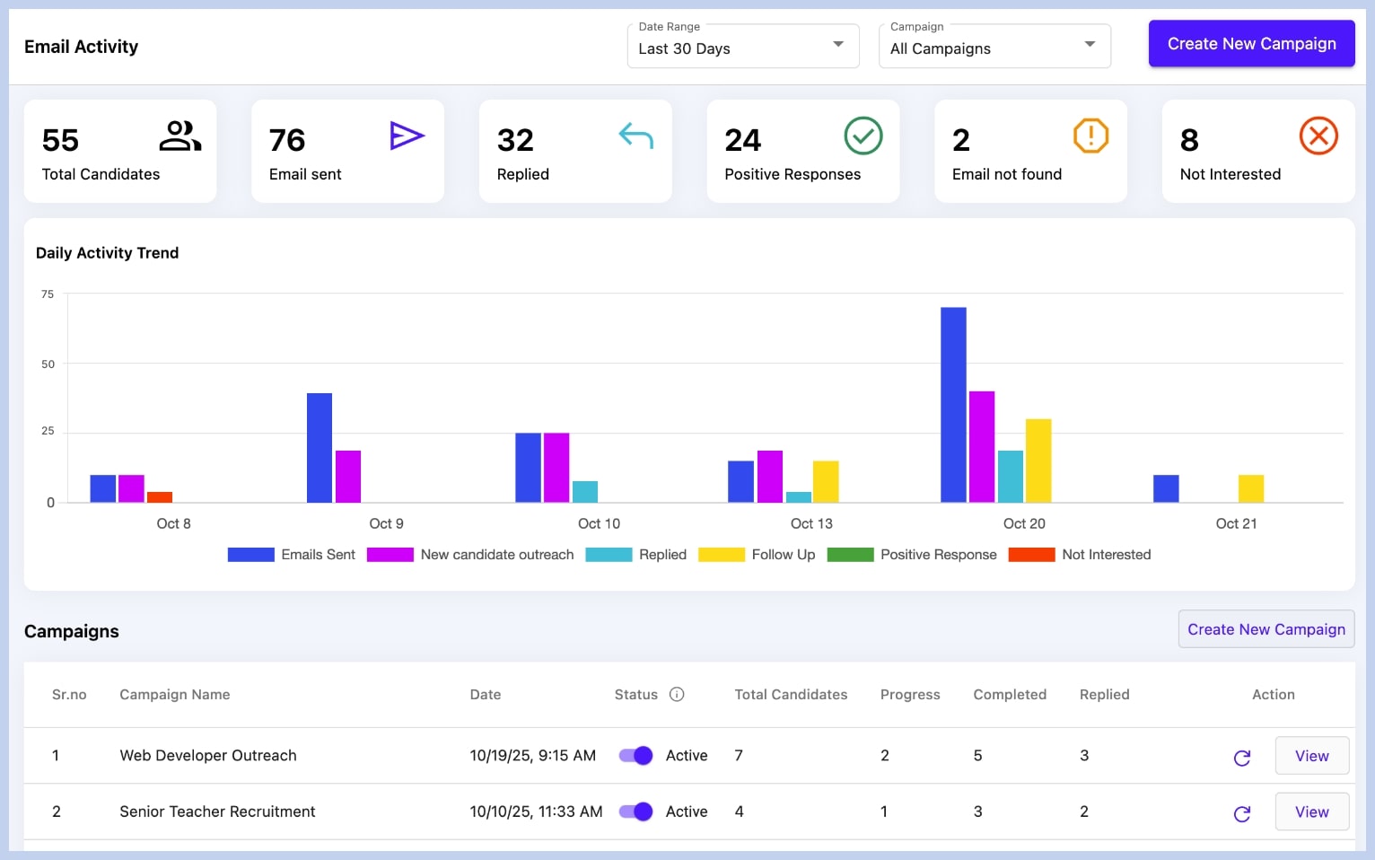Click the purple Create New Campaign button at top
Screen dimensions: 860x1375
click(x=1251, y=44)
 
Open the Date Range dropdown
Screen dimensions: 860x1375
click(x=742, y=47)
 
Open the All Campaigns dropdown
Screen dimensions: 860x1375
click(x=994, y=47)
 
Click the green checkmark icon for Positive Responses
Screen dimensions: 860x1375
click(x=863, y=136)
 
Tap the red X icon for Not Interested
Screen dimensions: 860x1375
click(x=1318, y=136)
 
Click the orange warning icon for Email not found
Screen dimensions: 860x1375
click(x=1090, y=136)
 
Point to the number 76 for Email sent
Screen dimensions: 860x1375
click(x=287, y=140)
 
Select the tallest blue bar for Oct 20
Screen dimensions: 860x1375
click(x=953, y=404)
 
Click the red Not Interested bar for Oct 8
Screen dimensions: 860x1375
click(x=160, y=497)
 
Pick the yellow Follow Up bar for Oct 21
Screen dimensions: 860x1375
click(x=1250, y=488)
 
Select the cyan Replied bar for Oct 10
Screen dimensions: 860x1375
click(x=585, y=492)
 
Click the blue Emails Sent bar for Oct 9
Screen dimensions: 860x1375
click(x=320, y=447)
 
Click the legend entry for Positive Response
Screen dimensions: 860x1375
click(x=912, y=555)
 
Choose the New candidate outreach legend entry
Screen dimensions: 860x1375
click(x=470, y=555)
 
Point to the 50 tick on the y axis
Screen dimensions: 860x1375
click(x=48, y=364)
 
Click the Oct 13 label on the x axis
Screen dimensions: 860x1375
click(x=811, y=523)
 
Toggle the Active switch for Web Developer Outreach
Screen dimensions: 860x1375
click(x=636, y=756)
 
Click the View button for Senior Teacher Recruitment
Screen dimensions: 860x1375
click(x=1311, y=812)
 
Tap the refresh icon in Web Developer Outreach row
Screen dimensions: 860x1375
click(x=1242, y=758)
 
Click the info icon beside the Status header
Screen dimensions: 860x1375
click(x=678, y=694)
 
